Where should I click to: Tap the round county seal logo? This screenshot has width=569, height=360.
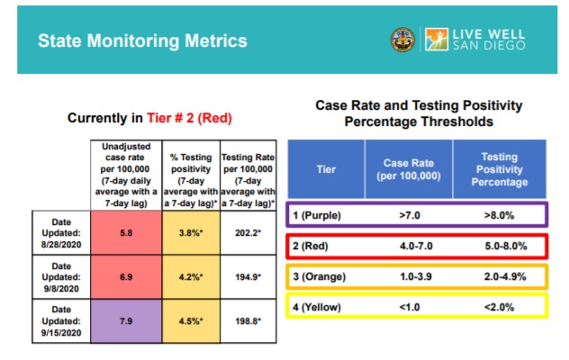[x=402, y=40]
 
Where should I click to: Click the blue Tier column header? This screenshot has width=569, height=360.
[x=326, y=168]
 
